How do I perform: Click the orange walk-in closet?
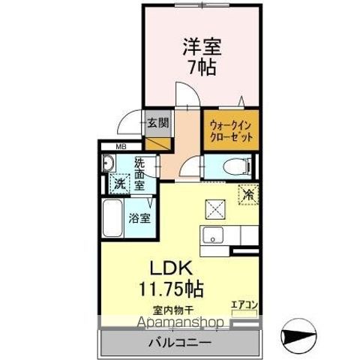point(230,131)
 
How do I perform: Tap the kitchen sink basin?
point(214,238)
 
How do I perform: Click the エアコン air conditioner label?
point(244,304)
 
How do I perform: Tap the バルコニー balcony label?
point(178,343)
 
